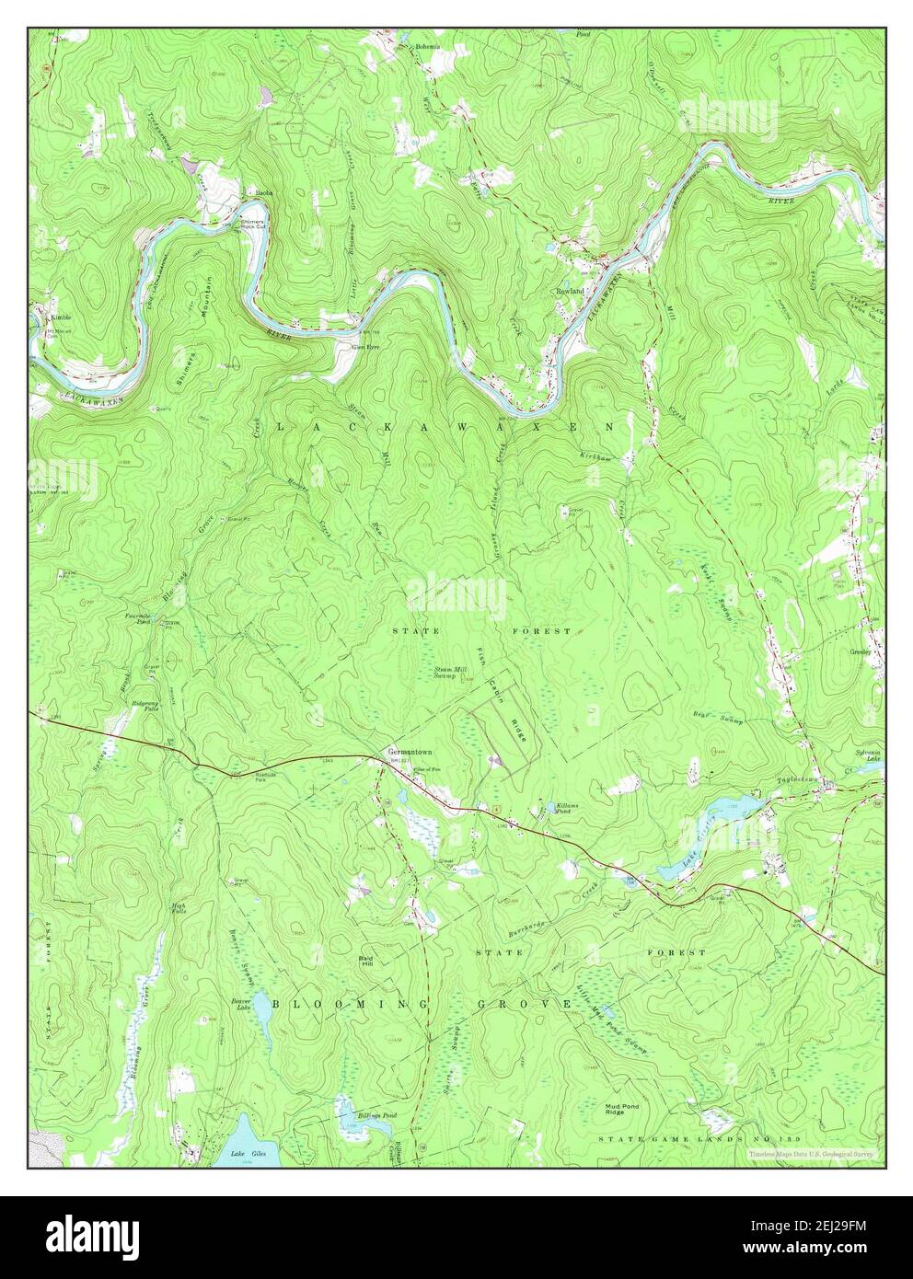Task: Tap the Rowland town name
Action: pos(570,290)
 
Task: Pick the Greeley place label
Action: pos(861,651)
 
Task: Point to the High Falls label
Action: pos(179,907)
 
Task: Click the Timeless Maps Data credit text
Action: pos(812,1153)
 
